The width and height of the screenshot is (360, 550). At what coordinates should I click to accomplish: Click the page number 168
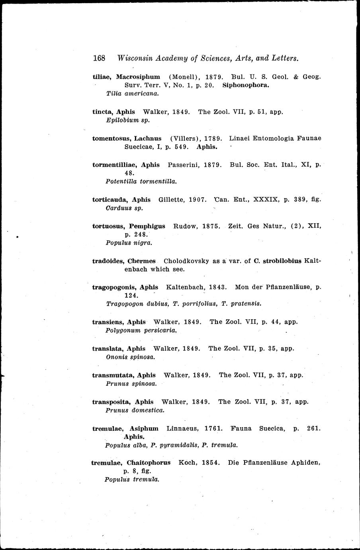99,58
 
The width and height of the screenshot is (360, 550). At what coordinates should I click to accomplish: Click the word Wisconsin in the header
135,58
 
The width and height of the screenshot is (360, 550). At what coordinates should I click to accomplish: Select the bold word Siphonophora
246,85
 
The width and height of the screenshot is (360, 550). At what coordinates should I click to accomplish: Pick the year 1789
213,138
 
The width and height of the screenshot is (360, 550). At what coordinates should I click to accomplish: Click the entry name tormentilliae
114,165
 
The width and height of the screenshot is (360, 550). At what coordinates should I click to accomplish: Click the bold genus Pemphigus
147,226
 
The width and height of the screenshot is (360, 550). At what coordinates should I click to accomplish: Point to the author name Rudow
186,226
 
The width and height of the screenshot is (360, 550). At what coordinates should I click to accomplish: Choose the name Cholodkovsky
186,261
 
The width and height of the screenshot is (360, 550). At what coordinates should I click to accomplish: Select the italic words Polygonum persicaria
141,330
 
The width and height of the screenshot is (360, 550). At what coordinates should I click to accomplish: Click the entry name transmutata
113,375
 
